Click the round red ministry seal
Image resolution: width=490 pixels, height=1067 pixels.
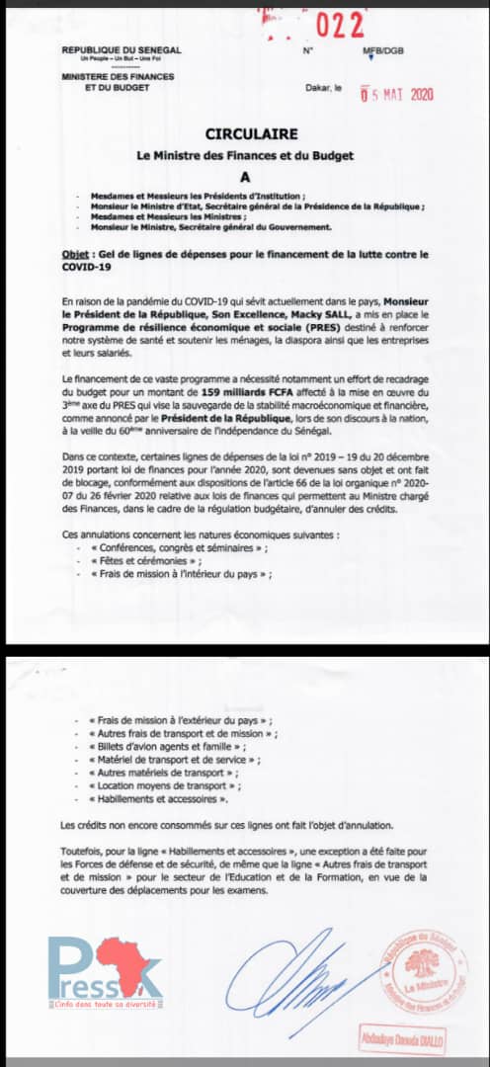tap(420, 969)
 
